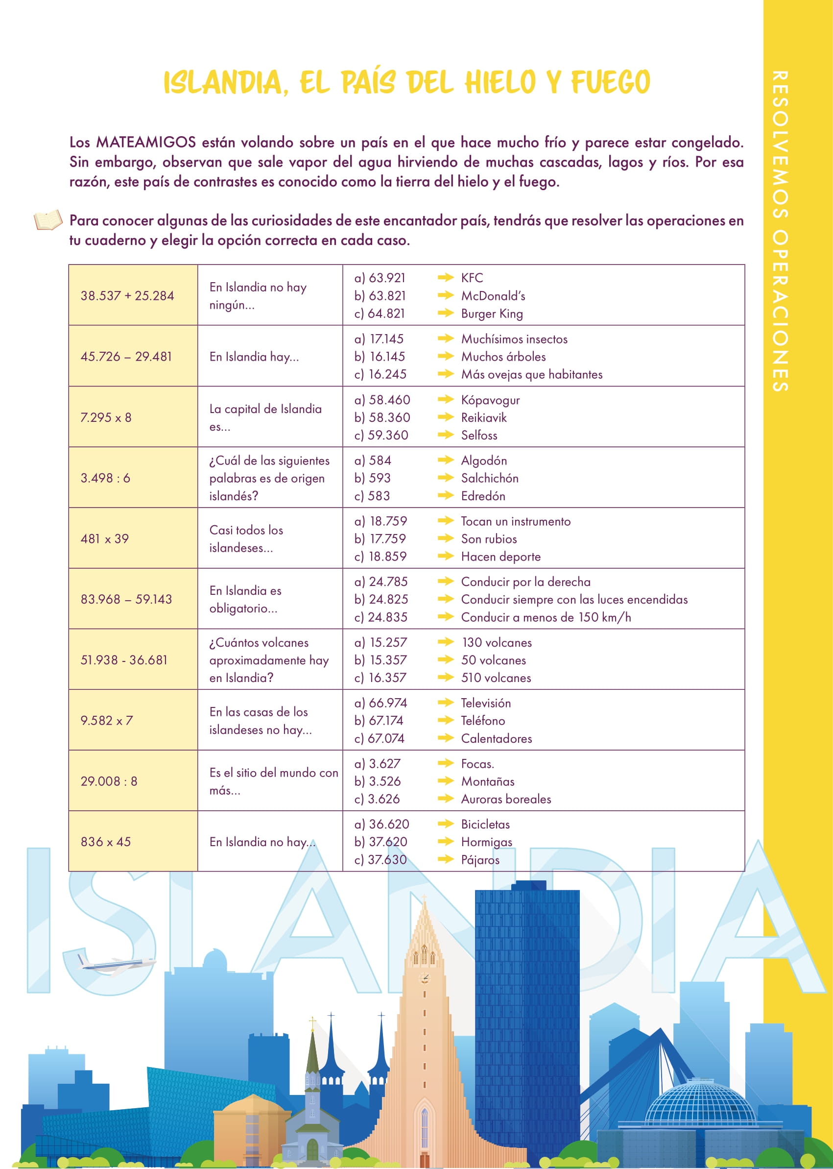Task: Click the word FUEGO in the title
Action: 610,82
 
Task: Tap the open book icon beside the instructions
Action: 48,220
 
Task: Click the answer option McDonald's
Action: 493,296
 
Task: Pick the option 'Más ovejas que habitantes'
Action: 531,375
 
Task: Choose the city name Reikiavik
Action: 483,418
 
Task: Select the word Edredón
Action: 483,496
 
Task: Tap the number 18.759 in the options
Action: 388,521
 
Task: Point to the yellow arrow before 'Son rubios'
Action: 445,539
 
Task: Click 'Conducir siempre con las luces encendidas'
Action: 574,599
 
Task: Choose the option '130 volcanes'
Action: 496,642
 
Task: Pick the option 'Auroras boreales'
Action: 506,799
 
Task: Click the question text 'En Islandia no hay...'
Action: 262,842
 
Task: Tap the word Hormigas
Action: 486,842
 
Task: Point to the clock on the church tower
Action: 424,977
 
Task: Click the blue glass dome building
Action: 700,1103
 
